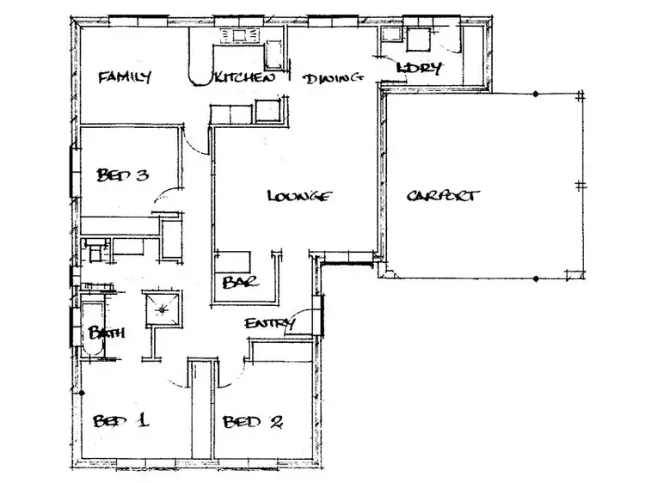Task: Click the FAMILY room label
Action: [x=124, y=77]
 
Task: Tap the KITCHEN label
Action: [x=244, y=78]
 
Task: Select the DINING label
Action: [x=331, y=79]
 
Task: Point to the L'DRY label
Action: [x=420, y=68]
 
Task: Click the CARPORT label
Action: [x=442, y=196]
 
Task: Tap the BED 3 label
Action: [x=123, y=175]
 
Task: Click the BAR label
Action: [x=235, y=282]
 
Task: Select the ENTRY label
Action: [x=270, y=324]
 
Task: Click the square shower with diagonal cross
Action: [x=162, y=305]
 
